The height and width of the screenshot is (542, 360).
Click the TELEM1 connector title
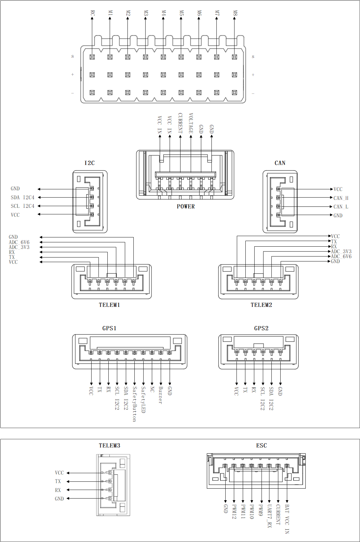point(109,305)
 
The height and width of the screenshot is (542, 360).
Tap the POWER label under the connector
point(186,206)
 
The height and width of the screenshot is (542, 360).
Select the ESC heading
point(262,446)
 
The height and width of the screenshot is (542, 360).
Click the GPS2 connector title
point(261,328)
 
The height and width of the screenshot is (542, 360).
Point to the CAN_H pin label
point(341,198)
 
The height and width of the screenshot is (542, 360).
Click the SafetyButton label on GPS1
point(135,404)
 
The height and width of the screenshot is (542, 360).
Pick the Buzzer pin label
point(160,395)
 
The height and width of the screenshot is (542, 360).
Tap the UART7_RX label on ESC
point(269,516)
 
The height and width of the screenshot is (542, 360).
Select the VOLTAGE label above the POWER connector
point(191,123)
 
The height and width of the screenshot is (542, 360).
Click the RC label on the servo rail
point(92,13)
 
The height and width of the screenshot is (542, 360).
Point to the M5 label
point(181,13)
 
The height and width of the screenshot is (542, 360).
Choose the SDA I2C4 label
point(22,198)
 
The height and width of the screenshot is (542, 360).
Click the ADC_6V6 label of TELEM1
point(19,242)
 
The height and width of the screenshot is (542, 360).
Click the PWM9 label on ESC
point(261,510)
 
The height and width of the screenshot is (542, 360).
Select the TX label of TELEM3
point(58,481)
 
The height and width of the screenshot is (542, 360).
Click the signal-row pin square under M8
point(235,57)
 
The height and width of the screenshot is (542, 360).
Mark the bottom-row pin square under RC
point(92,93)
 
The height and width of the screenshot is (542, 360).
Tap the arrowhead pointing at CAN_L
point(331,207)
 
